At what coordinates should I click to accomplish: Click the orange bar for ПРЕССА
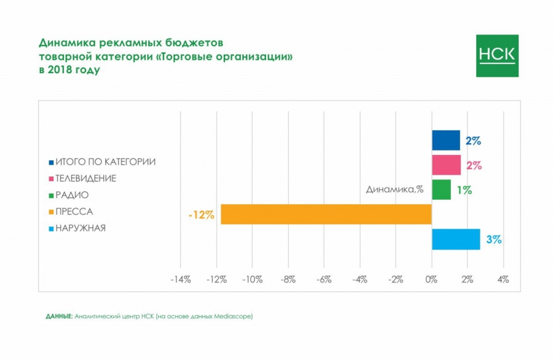(326, 214)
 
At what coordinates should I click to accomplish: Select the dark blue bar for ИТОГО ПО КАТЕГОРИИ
(445, 140)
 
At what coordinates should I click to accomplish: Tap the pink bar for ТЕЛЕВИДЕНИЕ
(446, 165)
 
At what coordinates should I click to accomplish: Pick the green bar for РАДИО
(441, 190)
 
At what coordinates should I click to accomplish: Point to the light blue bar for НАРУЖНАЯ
(455, 239)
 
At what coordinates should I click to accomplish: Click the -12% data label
(202, 215)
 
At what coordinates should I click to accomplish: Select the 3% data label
(494, 240)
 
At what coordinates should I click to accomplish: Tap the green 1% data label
(464, 190)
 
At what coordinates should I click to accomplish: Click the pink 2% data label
(474, 166)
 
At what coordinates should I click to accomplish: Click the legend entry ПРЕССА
(74, 212)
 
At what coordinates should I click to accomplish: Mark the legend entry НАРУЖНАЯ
(80, 229)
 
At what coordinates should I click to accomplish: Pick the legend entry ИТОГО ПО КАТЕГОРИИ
(105, 162)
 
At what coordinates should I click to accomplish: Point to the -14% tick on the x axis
(180, 280)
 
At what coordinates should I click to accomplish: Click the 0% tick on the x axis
(431, 280)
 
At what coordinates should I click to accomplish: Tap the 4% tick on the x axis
(503, 280)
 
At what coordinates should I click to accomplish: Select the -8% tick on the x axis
(288, 280)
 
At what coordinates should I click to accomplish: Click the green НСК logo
(497, 56)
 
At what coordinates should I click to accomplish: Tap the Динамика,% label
(394, 189)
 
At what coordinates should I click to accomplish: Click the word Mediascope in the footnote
(233, 316)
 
